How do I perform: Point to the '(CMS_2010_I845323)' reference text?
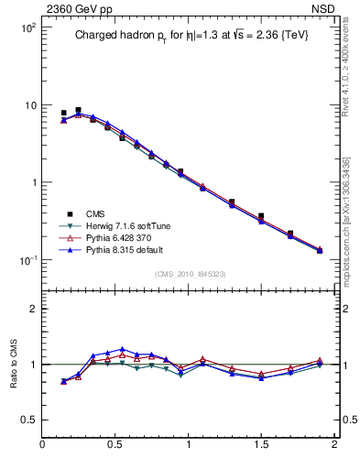(190, 272)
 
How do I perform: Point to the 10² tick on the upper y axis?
(28, 28)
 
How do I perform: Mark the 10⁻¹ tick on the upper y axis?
(28, 260)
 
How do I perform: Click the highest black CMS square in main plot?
(78, 110)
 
